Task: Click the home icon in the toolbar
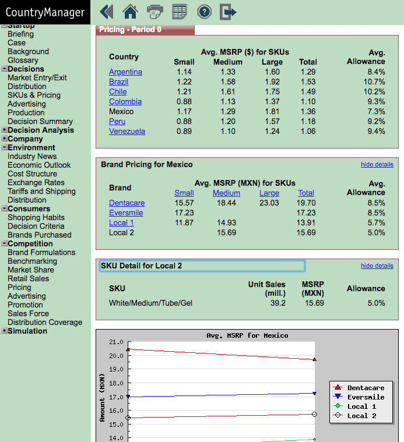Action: (x=130, y=12)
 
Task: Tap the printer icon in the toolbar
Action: (x=155, y=12)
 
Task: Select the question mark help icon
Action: (x=204, y=12)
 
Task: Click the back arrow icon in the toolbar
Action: (x=107, y=12)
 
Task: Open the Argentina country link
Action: (x=125, y=72)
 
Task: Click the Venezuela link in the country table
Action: (x=127, y=132)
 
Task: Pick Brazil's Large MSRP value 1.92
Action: (x=272, y=82)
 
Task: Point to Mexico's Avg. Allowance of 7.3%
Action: (x=377, y=111)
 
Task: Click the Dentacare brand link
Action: (x=127, y=203)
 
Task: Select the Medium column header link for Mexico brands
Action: (x=226, y=193)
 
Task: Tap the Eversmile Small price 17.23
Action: (x=184, y=213)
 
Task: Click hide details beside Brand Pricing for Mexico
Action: (x=377, y=164)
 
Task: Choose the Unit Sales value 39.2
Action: (x=278, y=303)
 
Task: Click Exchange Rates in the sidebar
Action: (x=36, y=182)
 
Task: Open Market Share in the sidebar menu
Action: (x=31, y=270)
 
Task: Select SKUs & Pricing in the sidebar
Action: (x=34, y=95)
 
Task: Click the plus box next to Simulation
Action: (x=4, y=331)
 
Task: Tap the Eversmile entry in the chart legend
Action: (x=366, y=397)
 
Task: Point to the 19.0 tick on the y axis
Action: (x=116, y=369)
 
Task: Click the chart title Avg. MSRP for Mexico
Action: (x=247, y=335)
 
